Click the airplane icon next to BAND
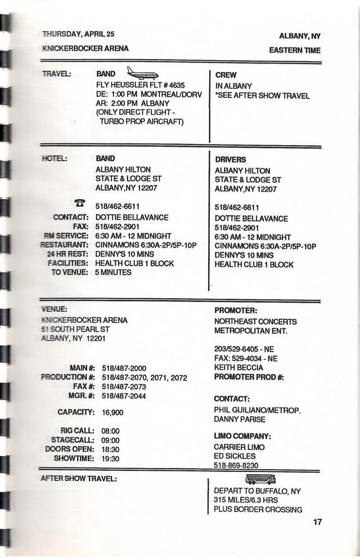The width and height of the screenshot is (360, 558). tap(142, 73)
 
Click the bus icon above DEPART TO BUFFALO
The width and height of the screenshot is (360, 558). tap(260, 479)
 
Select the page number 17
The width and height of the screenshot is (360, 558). tap(317, 522)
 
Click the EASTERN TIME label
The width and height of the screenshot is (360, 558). tap(294, 51)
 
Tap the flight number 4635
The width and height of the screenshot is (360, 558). tap(174, 84)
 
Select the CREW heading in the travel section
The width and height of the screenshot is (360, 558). tap(226, 75)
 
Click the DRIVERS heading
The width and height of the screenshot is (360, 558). tap(230, 160)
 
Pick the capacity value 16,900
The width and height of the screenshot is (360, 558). tap(112, 412)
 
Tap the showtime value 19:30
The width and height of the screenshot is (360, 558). tap(110, 458)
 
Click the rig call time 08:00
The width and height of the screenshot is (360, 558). tap(110, 431)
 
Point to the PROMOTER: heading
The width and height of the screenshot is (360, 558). tap(236, 310)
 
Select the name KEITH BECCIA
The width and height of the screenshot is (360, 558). tap(238, 368)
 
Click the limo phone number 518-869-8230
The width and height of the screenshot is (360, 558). tap(236, 465)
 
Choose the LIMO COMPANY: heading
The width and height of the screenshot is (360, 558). tap(242, 436)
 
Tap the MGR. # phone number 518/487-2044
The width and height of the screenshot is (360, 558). tap(124, 396)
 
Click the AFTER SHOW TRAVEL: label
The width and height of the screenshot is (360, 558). tap(79, 479)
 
